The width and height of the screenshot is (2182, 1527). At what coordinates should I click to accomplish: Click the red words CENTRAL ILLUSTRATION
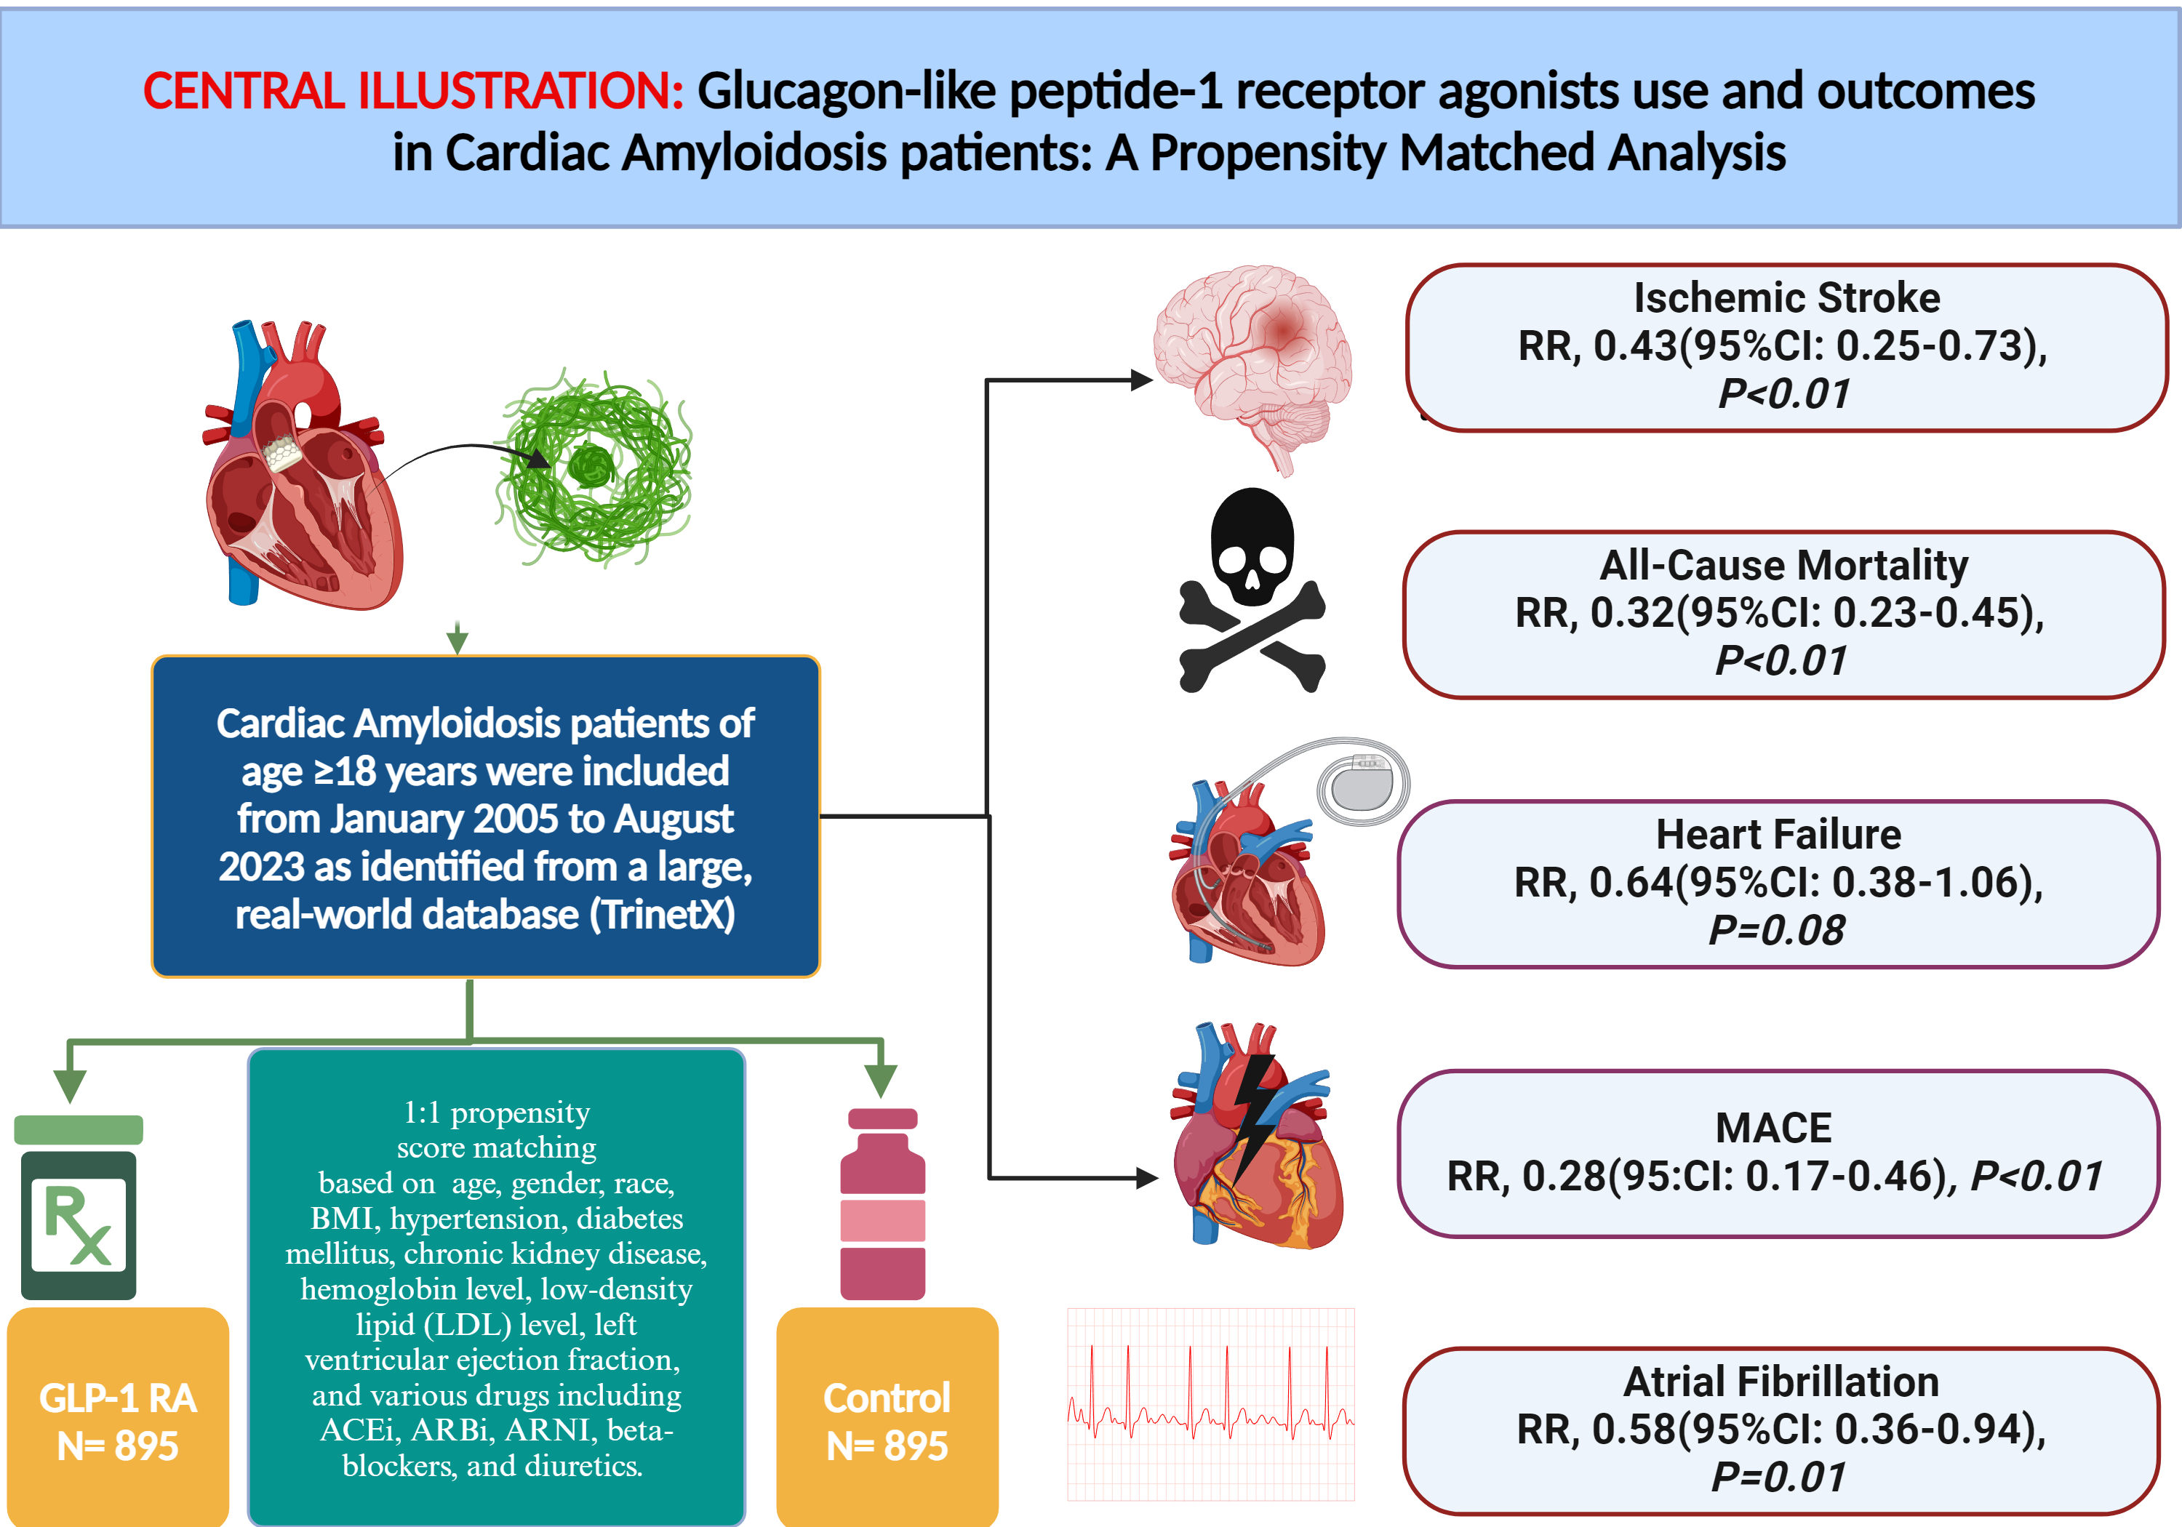pos(412,91)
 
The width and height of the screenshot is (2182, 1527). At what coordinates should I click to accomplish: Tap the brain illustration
pos(1252,361)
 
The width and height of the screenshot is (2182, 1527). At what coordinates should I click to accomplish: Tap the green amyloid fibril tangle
pos(595,468)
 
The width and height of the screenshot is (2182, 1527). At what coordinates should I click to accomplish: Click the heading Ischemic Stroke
pos(1786,298)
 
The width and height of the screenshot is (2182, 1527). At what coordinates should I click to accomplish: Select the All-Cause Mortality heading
pos(1784,566)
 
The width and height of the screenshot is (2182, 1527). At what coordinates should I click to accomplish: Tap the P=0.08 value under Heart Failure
pos(1776,930)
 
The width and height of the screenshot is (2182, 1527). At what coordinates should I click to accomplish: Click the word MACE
pos(1773,1128)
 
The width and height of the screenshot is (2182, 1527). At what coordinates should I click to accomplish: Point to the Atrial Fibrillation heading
pos(1781,1382)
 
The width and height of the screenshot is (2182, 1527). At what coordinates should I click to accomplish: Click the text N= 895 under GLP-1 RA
pos(118,1446)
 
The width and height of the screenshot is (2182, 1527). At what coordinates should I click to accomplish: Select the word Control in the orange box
pos(887,1398)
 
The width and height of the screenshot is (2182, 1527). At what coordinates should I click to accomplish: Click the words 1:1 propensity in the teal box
pos(496,1112)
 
